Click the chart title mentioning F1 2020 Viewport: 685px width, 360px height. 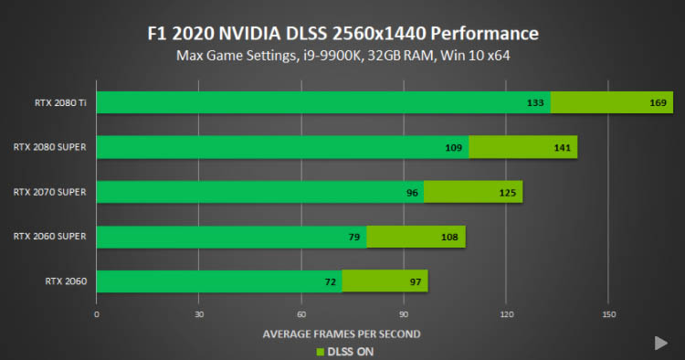342,34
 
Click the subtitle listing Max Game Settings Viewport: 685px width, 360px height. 342,56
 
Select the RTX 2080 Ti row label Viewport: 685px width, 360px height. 60,102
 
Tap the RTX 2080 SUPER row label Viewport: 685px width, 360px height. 50,147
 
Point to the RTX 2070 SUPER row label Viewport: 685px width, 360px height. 50,192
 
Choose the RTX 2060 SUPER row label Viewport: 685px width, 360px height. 50,237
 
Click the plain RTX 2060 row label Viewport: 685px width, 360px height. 66,281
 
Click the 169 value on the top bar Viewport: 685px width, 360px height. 658,103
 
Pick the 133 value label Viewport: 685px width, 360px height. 535,103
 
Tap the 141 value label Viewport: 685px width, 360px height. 563,148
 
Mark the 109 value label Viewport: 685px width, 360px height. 453,148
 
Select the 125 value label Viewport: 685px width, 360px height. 508,193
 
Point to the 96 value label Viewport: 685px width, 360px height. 412,193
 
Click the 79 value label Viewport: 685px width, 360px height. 354,238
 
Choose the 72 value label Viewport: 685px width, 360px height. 331,282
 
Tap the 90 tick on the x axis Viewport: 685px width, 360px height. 404,314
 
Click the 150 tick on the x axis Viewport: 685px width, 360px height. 609,314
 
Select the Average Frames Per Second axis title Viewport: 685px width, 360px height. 342,334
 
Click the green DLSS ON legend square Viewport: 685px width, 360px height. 321,352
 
